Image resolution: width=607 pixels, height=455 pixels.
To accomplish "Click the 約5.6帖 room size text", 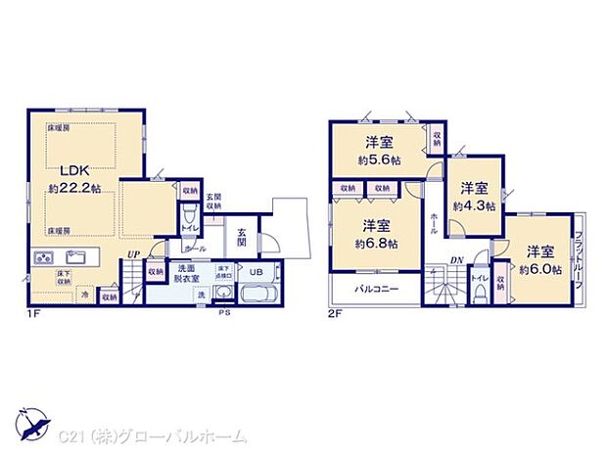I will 378,160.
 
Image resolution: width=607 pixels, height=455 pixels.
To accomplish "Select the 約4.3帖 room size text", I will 475,205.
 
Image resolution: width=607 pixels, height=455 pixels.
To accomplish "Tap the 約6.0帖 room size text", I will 540,268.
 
